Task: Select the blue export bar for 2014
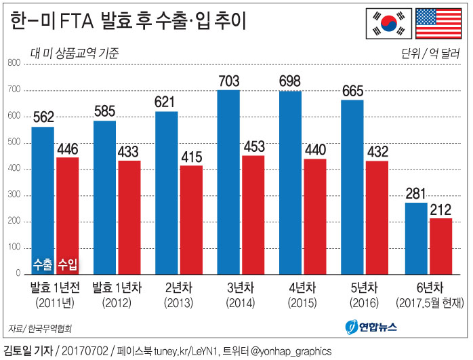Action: click(228, 182)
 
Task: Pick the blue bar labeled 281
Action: click(415, 237)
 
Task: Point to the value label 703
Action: click(228, 81)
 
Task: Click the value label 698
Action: click(290, 82)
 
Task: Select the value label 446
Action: click(68, 148)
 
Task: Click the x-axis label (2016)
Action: click(365, 302)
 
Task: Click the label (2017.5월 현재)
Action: click(428, 302)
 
